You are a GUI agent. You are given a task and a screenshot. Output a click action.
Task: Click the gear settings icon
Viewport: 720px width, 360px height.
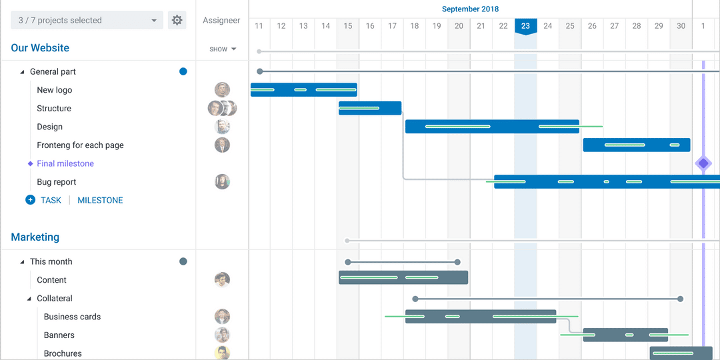177,20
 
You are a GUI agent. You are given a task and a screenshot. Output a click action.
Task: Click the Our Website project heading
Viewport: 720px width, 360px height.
40,48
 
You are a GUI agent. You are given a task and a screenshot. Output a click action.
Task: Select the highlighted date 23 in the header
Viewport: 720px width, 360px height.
525,26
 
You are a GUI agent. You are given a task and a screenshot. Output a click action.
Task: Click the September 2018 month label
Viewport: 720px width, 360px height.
470,9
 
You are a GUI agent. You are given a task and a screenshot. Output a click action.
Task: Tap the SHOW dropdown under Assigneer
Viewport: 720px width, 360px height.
223,49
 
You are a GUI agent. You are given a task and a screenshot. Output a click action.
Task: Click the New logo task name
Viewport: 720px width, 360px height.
54,90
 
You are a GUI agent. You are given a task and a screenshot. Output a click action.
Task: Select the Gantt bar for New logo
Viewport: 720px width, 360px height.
303,89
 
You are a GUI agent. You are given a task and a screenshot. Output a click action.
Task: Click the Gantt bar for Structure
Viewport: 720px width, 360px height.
369,108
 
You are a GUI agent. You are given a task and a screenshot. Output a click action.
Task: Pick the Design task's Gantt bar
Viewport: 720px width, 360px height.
491,127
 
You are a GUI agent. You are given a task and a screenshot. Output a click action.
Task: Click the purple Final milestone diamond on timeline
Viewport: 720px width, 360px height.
703,163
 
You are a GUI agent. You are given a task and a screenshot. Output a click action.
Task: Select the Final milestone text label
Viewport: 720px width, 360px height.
65,163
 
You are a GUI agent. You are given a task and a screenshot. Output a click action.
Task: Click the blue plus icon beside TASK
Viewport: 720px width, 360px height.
30,200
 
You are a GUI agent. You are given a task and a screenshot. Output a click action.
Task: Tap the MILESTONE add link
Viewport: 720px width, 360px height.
100,200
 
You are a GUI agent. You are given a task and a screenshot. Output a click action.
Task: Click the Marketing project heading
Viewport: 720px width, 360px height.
35,237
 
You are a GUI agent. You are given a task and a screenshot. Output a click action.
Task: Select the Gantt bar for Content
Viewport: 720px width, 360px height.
403,277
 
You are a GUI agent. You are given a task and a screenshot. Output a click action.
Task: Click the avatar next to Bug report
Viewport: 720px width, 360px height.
222,181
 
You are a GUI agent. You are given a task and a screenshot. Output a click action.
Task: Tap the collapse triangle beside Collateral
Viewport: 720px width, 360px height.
29,299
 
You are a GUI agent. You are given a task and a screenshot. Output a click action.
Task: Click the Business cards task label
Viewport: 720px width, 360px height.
72,317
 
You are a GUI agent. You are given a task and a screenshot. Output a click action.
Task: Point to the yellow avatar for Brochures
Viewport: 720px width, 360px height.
222,353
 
